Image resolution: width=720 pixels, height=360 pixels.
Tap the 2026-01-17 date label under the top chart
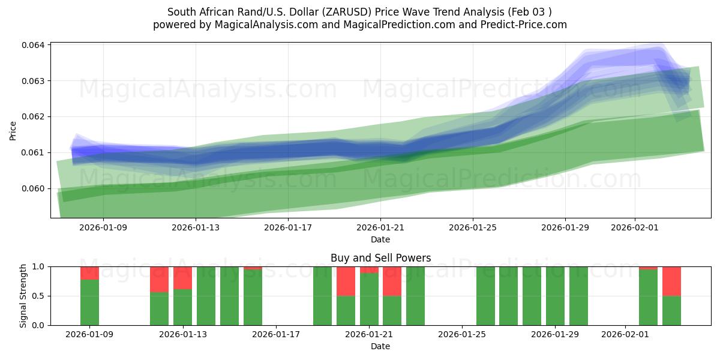point(288,227)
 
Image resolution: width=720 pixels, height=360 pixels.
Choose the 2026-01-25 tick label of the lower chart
point(463,334)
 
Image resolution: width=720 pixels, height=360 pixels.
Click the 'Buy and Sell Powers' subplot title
point(380,258)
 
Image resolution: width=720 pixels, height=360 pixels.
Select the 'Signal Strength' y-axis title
point(24,296)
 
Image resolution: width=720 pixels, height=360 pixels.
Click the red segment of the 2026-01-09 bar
point(89,273)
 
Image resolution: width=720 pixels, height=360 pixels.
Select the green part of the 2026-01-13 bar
point(182,307)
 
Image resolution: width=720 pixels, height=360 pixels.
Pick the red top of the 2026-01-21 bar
point(369,270)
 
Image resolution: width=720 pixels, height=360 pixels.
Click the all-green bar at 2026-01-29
point(555,296)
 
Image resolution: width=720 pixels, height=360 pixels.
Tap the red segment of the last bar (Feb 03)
point(671,281)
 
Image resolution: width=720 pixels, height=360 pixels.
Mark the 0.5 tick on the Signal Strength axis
point(38,296)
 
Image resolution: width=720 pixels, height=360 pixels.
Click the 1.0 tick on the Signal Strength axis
point(38,266)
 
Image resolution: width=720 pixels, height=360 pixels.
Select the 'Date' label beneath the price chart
point(380,239)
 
